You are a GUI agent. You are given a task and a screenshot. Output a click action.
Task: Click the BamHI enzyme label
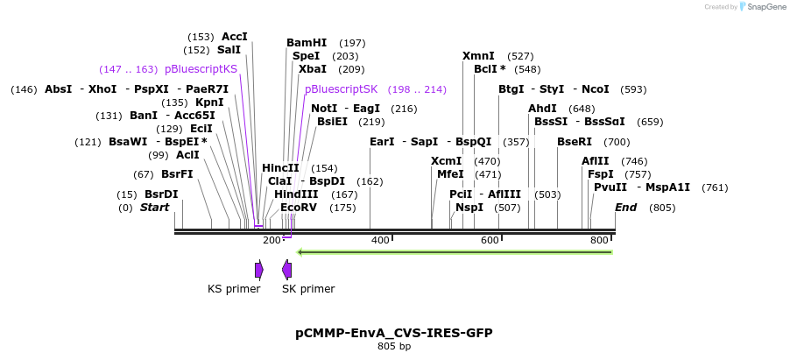[x=307, y=43]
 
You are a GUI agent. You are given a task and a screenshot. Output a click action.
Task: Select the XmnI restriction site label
[x=478, y=56]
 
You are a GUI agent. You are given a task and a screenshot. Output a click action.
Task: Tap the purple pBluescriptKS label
[x=201, y=69]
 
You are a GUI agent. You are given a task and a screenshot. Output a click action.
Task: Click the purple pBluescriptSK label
[x=341, y=89]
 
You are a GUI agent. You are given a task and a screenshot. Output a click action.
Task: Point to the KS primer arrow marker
[x=259, y=270]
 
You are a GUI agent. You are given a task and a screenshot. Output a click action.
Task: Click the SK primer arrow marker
[x=286, y=270]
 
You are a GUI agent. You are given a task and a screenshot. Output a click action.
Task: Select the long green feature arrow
[x=455, y=252]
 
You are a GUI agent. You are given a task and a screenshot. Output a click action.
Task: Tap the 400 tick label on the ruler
[x=380, y=240]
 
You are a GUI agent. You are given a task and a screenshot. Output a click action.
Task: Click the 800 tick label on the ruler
[x=599, y=240]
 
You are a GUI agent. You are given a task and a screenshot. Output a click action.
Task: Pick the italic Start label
[x=154, y=208]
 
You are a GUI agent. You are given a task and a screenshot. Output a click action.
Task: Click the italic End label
[x=625, y=208]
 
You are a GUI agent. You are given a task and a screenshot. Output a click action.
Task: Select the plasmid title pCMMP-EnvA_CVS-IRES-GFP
[x=394, y=333]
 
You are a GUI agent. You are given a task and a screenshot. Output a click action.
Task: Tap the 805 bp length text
[x=394, y=347]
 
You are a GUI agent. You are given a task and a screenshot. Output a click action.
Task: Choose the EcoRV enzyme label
[x=299, y=208]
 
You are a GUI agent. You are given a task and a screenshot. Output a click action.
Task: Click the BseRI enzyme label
[x=575, y=142]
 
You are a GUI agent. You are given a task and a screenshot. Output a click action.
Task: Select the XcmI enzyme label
[x=446, y=161]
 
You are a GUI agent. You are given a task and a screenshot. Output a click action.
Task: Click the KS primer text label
[x=234, y=289]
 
